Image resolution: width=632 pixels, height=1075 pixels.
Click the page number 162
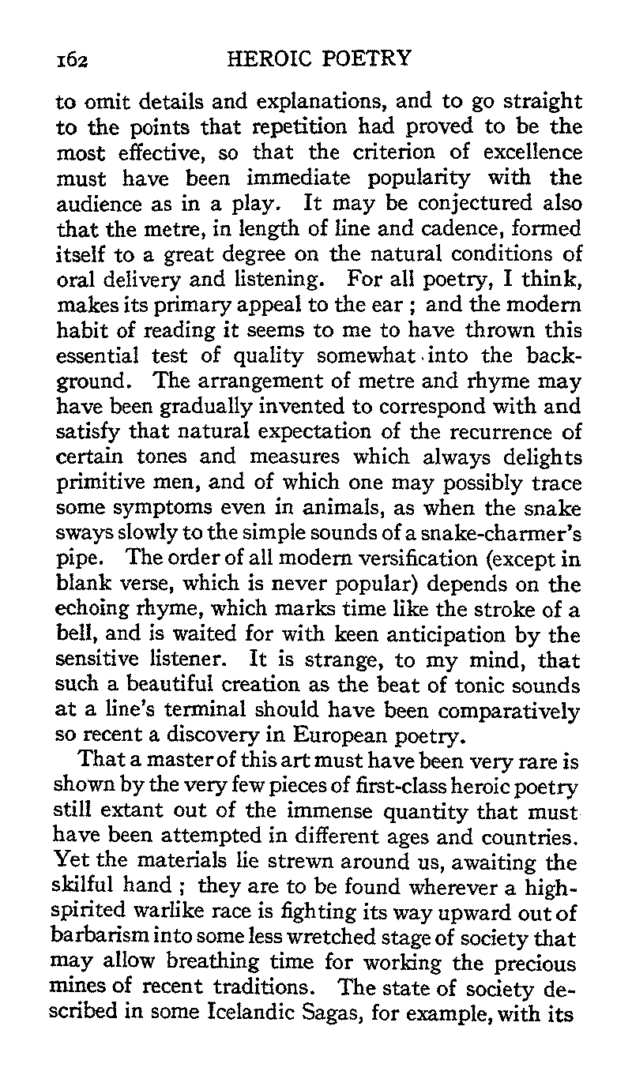[x=70, y=59]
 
